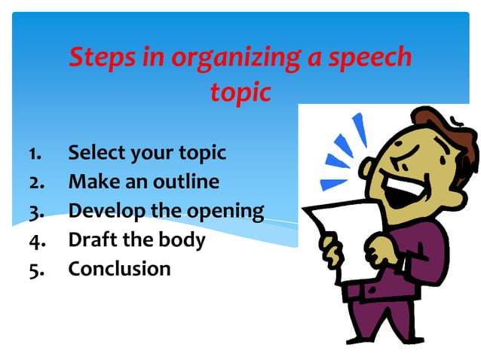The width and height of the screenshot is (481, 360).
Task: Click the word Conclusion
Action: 120,269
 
